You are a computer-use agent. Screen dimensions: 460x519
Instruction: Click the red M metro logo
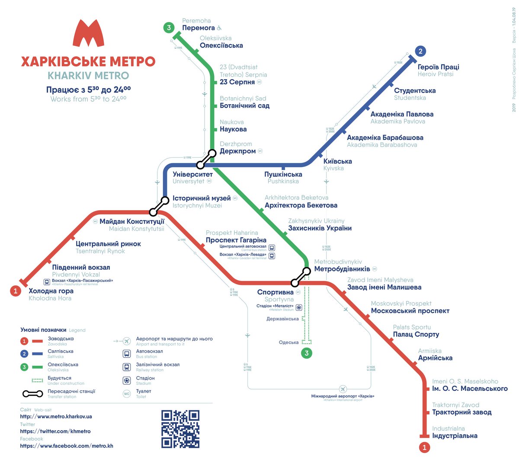[x=88, y=33]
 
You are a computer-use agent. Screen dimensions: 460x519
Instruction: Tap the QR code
[x=180, y=429]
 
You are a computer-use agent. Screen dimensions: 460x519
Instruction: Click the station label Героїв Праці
[x=438, y=67]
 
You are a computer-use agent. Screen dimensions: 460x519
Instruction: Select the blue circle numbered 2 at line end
[x=420, y=51]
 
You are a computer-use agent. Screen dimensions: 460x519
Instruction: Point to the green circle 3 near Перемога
[x=169, y=28]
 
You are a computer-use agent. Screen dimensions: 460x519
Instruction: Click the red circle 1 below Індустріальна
[x=424, y=447]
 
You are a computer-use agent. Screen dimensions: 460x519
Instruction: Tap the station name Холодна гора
[x=51, y=291]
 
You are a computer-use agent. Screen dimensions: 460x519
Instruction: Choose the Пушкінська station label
[x=283, y=174]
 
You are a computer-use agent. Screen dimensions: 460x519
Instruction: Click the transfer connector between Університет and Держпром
[x=206, y=159]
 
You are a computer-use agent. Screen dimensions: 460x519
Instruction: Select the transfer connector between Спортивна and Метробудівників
[x=301, y=277]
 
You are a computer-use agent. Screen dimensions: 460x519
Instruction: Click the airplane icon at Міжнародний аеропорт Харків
[x=343, y=389]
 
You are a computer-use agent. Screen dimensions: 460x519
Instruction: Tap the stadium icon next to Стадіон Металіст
[x=298, y=307]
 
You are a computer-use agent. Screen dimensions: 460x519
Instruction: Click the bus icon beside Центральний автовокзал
[x=272, y=248]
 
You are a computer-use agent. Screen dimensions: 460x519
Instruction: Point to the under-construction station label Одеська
[x=288, y=342]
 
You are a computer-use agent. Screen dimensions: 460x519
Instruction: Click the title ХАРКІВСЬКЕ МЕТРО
[x=88, y=61]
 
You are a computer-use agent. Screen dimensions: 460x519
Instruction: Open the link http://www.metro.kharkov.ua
[x=56, y=417]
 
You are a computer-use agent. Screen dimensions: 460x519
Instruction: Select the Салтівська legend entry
[x=60, y=351]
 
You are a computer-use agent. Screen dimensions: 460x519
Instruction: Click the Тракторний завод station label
[x=461, y=412]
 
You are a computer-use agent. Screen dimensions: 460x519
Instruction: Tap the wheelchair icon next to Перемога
[x=219, y=28]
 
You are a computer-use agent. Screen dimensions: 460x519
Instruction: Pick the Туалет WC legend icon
[x=127, y=394]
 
